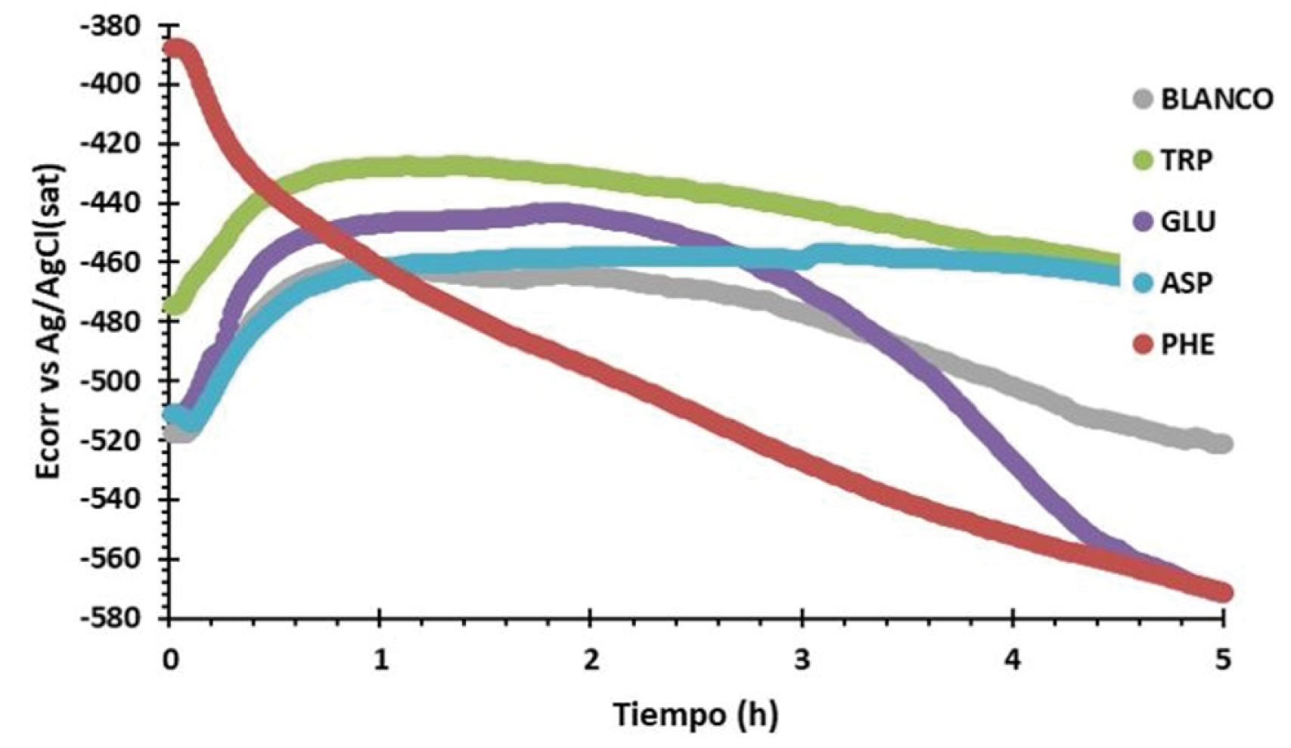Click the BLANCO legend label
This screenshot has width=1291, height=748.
(1216, 99)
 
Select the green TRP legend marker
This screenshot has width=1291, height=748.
(1143, 160)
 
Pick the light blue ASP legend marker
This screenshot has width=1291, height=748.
(1143, 283)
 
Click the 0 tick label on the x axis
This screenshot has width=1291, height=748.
(170, 660)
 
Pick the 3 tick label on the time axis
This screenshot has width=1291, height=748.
(802, 660)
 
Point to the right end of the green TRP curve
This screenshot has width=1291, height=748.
(1118, 262)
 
